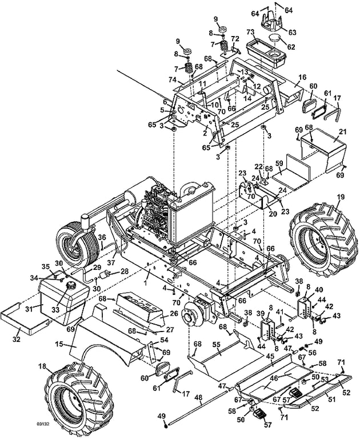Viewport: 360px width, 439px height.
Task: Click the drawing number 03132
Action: coord(42,424)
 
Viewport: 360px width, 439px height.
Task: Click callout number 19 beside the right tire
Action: coord(340,197)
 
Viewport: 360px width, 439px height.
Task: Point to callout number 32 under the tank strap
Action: coord(17,339)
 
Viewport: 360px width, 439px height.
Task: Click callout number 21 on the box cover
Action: coord(343,131)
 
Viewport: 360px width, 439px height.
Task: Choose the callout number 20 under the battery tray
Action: coord(273,214)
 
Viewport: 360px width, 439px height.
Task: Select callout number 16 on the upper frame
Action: coord(303,77)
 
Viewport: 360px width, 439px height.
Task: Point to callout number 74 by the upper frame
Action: coord(173,80)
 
